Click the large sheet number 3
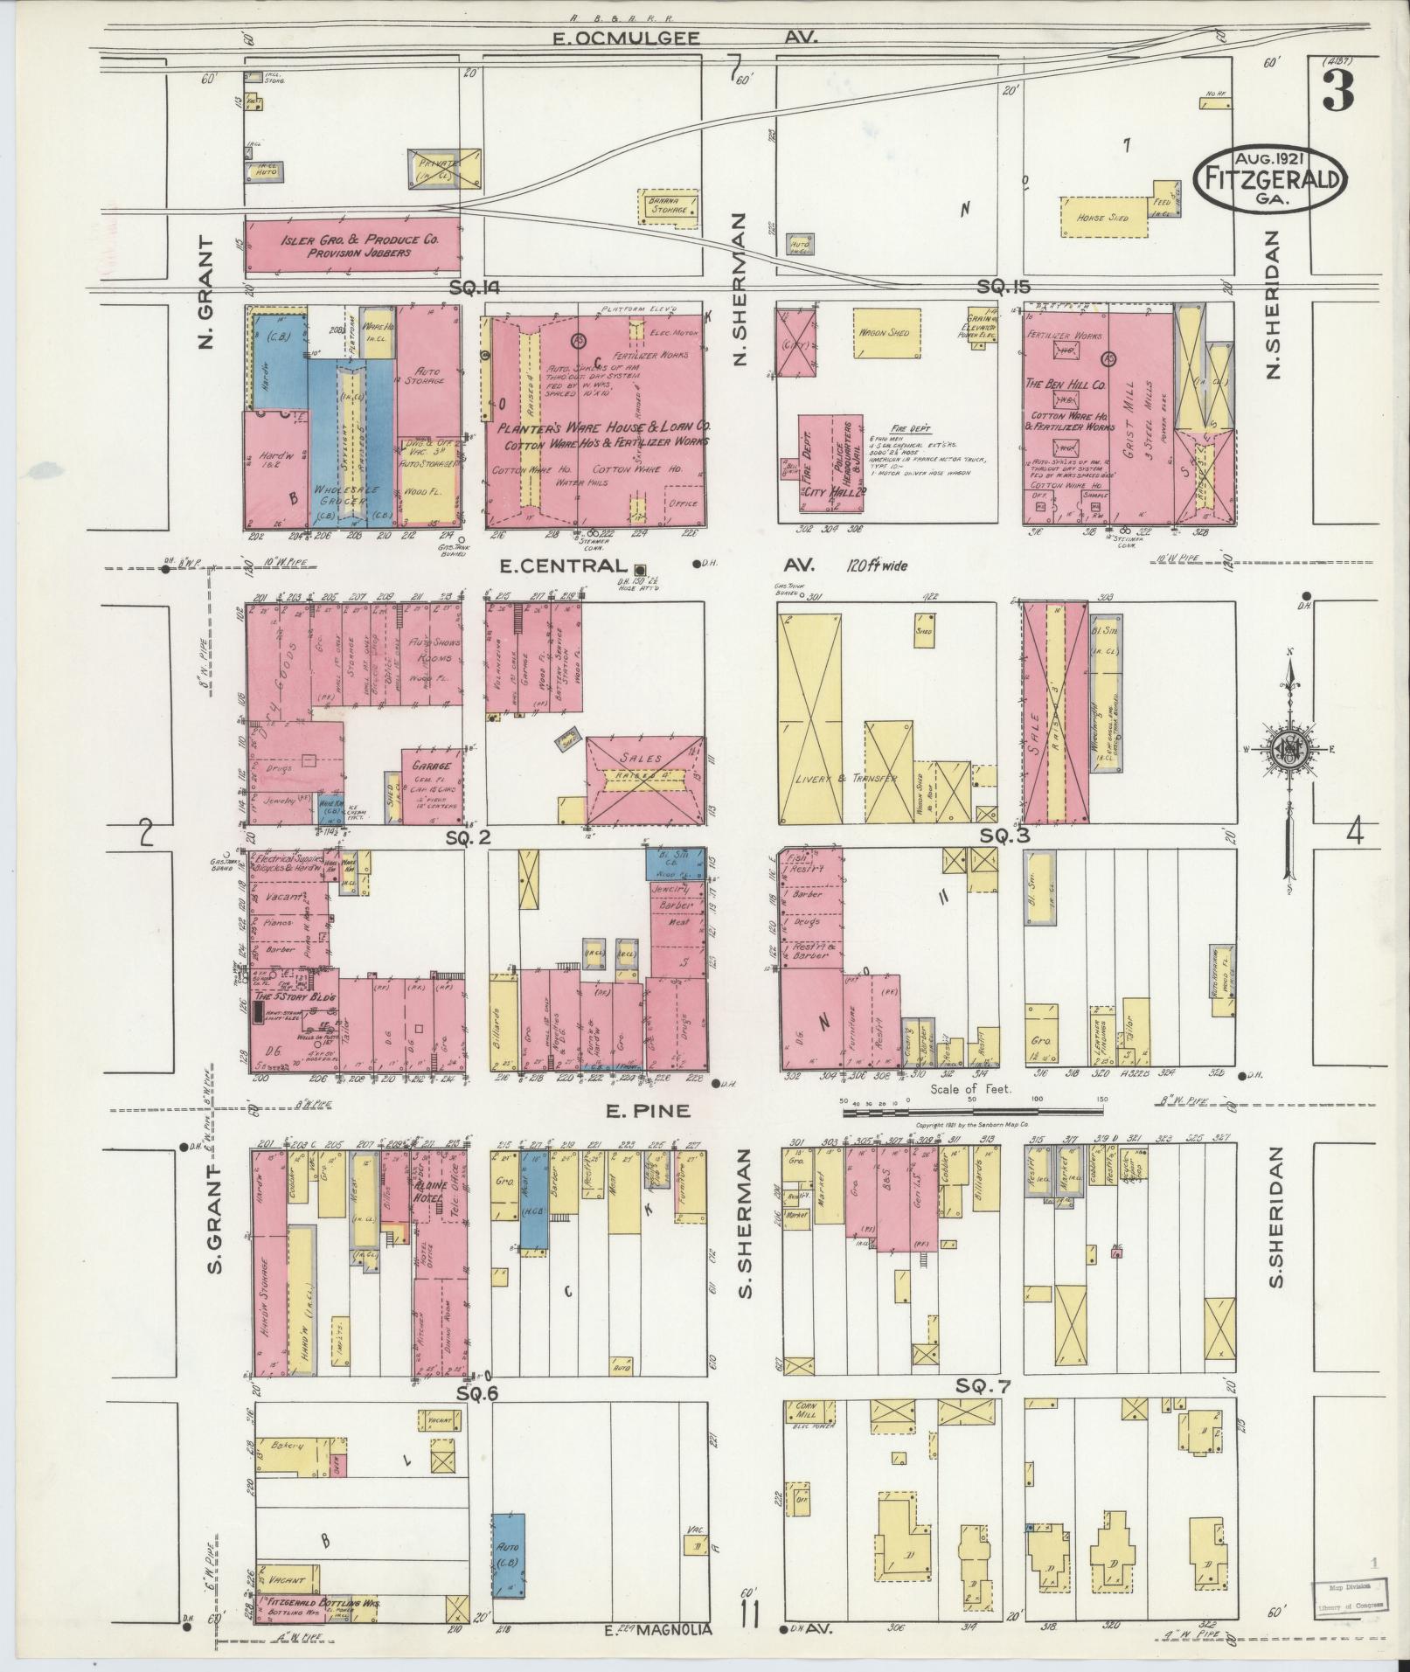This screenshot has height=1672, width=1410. (x=1337, y=91)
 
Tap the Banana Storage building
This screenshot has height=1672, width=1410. (x=669, y=206)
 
